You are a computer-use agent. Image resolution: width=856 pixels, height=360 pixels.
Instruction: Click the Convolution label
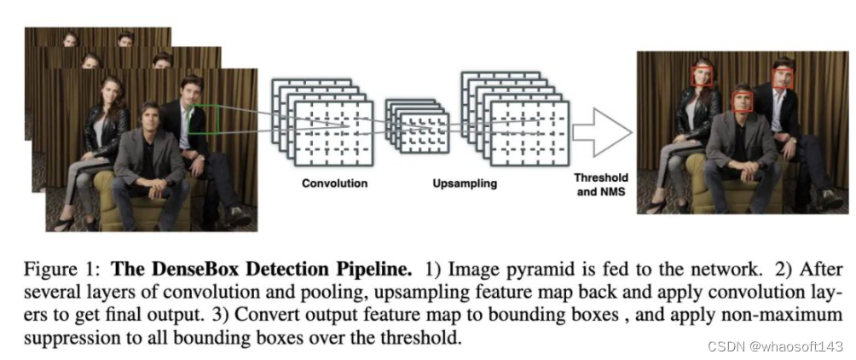click(334, 183)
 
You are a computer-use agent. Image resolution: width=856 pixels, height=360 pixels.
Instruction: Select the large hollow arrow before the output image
click(601, 133)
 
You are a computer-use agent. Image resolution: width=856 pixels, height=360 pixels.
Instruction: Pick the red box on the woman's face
click(703, 77)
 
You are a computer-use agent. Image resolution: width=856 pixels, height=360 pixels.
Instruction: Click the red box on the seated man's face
click(743, 100)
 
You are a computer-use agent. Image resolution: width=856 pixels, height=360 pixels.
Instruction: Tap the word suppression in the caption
click(56, 338)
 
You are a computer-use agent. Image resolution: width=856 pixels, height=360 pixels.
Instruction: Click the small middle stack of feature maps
click(418, 125)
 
